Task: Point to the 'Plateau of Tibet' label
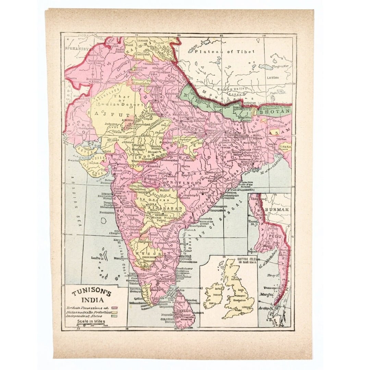pos(225,51)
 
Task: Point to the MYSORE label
pos(146,254)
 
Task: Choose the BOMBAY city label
pos(107,194)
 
